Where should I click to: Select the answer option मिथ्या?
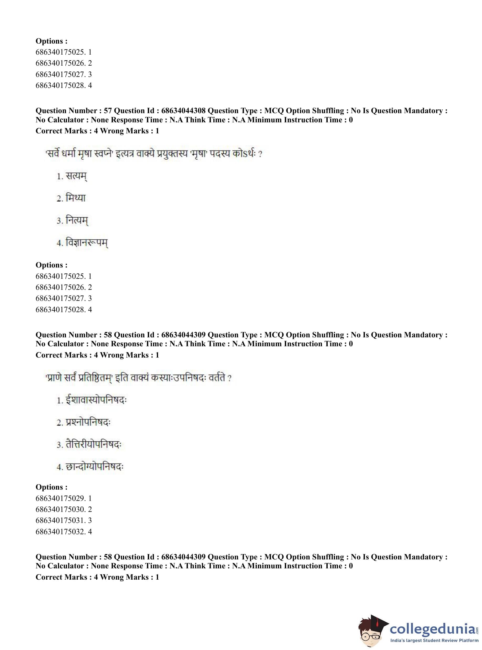[71, 198]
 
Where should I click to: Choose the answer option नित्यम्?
[73, 220]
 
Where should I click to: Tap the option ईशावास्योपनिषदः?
[92, 400]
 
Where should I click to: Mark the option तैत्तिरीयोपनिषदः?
[89, 445]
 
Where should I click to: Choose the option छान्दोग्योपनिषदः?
[91, 467]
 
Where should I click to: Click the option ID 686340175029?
[60, 498]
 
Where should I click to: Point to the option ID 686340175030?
[60, 509]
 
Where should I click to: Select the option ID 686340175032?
[60, 532]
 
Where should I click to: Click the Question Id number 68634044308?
[183, 111]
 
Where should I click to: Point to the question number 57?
[108, 111]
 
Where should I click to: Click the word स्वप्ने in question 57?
[103, 154]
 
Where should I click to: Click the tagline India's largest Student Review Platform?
[434, 640]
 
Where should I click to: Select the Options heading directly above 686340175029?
[51, 487]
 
